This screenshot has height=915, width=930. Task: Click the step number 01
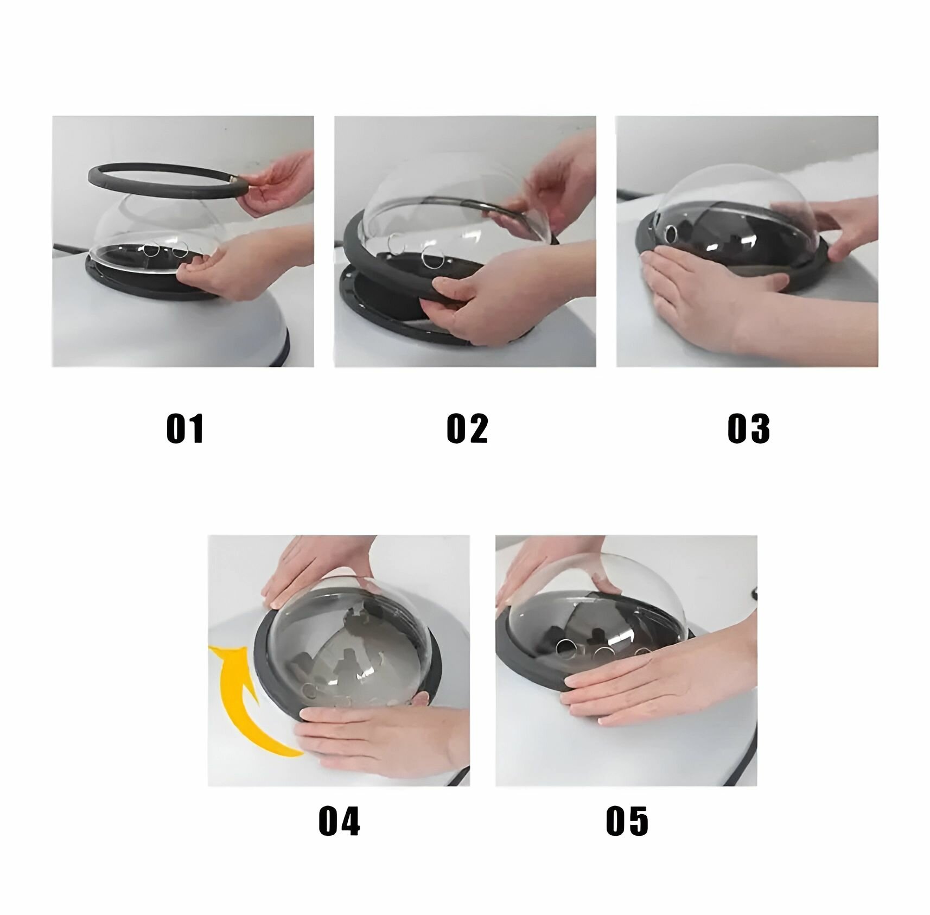point(185,429)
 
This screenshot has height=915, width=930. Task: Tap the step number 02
point(467,429)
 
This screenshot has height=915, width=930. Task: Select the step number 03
point(749,429)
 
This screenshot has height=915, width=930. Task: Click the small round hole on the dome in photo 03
point(672,234)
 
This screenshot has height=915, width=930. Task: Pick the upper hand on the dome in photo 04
point(320,567)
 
